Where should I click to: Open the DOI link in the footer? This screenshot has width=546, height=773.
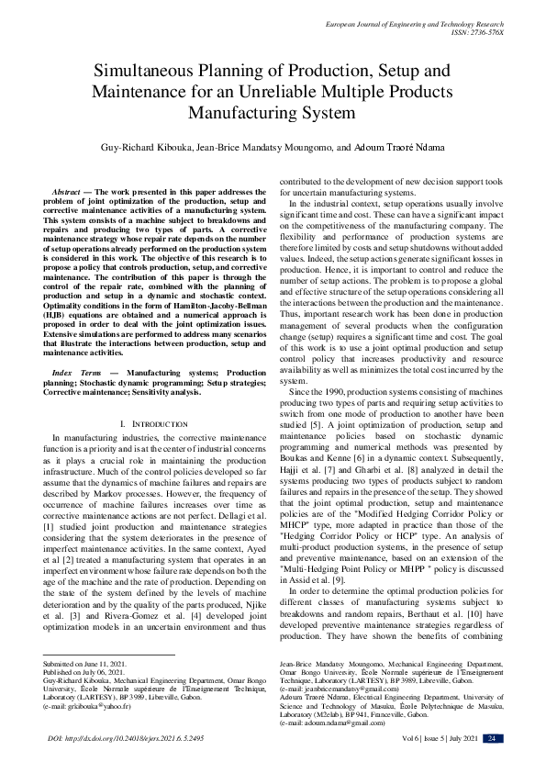pyautogui.click(x=126, y=738)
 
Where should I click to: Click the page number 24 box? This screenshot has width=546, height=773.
pyautogui.click(x=492, y=738)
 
